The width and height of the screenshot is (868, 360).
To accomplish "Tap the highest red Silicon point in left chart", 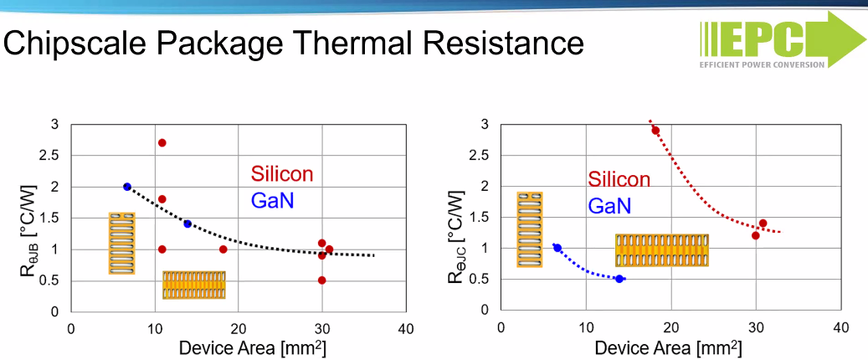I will [x=162, y=143].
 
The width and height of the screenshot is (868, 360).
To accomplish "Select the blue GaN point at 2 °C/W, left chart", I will [x=127, y=187].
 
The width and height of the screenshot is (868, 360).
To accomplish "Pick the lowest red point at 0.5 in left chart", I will [x=321, y=280].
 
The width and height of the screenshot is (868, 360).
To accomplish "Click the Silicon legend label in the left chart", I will [x=282, y=174].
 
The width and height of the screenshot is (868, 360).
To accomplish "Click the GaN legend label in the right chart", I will [x=609, y=205].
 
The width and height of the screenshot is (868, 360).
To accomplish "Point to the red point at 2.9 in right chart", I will [x=655, y=131].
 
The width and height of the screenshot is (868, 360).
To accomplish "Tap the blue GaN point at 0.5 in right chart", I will [x=619, y=279].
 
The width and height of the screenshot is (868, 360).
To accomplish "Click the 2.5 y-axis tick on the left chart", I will [x=51, y=156].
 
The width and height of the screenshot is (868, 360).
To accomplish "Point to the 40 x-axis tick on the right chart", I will [x=840, y=327].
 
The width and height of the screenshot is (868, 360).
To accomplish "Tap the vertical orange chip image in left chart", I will [x=121, y=243].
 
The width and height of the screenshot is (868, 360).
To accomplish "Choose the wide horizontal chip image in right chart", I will [x=661, y=250].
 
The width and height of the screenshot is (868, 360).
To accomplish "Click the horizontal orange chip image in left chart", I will [x=193, y=285].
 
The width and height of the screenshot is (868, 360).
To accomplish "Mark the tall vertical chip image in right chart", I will [x=529, y=229].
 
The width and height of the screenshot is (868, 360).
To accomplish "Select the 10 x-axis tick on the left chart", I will [x=154, y=328].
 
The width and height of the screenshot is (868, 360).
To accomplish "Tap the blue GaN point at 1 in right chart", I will [x=557, y=248].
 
